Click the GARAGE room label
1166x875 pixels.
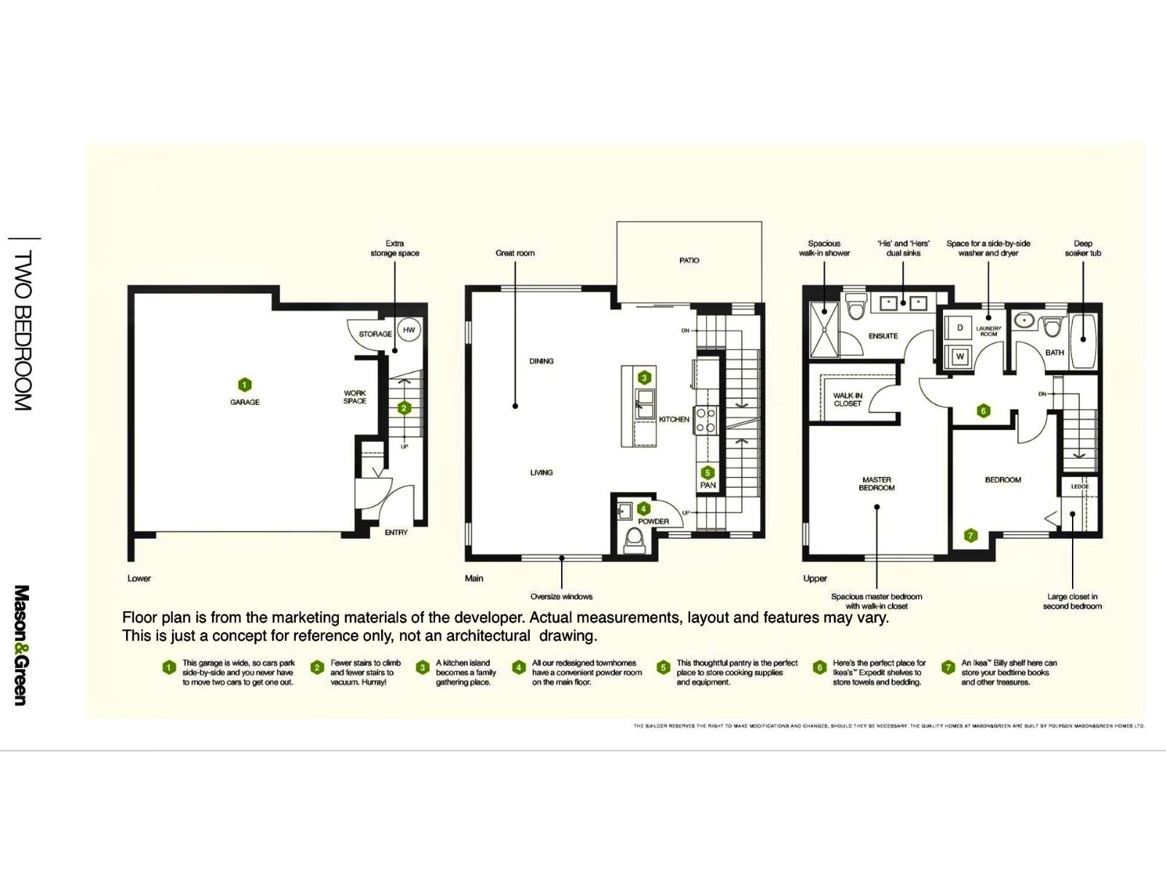245,402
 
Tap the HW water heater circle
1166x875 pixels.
409,330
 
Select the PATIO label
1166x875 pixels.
689,260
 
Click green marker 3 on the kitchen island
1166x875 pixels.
644,378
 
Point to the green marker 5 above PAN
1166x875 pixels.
707,472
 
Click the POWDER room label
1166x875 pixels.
653,521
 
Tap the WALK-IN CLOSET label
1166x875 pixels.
848,400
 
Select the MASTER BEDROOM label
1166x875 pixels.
877,484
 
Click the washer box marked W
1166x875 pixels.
960,357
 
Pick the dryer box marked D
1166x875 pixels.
960,327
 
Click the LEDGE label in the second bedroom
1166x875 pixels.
1079,486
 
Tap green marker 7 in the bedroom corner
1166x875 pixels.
970,535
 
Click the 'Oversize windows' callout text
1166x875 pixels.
561,596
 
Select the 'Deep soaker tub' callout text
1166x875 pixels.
1083,249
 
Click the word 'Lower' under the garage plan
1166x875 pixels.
139,578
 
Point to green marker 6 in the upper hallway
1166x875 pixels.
983,411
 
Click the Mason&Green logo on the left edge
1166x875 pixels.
21,645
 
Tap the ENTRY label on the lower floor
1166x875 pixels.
396,532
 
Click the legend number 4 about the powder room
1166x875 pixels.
518,667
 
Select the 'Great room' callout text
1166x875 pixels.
514,253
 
